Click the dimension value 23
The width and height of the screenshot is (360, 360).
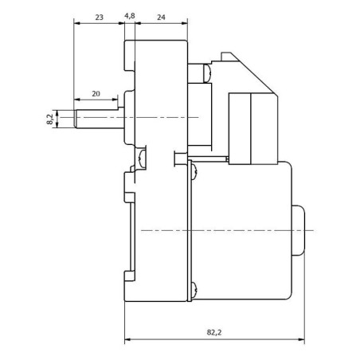click(99, 18)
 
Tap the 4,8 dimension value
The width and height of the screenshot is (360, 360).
click(130, 16)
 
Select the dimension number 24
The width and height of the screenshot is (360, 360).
click(161, 18)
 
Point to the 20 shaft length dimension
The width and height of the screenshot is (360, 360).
click(96, 94)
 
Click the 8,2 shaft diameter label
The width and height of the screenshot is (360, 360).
click(50, 119)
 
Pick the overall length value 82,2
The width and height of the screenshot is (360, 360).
click(214, 332)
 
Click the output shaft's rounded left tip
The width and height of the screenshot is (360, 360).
click(76, 119)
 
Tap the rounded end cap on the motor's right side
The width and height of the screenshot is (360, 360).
click(299, 230)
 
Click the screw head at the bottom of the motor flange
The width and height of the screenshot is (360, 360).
click(194, 289)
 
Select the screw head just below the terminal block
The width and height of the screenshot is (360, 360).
click(194, 171)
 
